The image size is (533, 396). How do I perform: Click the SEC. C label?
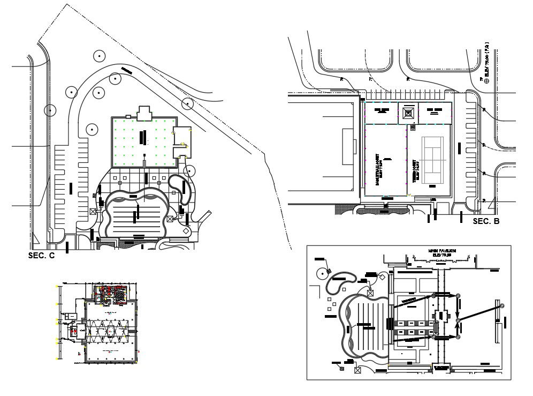(41, 256)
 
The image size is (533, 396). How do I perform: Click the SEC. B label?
(486, 221)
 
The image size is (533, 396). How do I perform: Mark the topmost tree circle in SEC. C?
(98, 55)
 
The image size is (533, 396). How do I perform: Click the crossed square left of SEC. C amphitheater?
(93, 212)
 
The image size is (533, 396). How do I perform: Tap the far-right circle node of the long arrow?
(502, 305)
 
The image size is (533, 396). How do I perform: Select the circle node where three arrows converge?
(458, 321)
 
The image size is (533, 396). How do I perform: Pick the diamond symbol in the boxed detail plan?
(383, 277)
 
